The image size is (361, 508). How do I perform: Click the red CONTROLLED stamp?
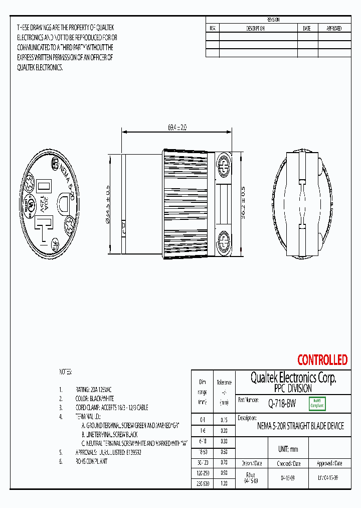322,360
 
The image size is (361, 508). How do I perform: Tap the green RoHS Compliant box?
317,403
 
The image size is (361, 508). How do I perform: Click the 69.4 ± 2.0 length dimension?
177,128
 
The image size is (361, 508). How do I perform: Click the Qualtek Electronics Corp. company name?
293,377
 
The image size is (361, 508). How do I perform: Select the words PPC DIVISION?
293,389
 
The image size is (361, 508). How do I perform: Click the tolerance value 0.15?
224,420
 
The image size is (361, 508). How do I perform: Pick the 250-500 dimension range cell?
203,483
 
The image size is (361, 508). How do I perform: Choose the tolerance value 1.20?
224,483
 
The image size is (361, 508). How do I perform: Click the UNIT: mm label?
288,449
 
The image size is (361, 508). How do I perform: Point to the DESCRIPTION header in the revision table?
255,29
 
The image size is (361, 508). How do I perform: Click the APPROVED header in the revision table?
334,29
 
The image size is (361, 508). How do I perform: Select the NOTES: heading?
66,372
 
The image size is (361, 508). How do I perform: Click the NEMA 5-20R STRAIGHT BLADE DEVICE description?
300,426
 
